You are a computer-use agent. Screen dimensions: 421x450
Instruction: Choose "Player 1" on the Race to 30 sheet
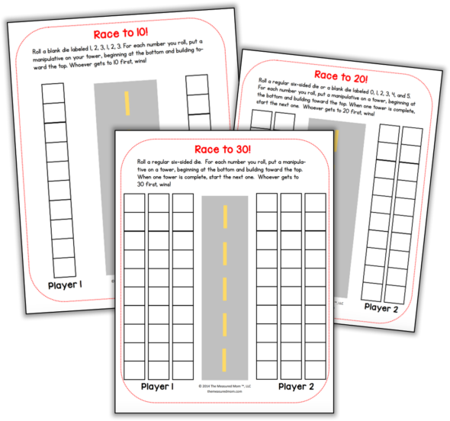click(x=156, y=387)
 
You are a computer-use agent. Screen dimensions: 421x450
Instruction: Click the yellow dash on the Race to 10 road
click(x=127, y=103)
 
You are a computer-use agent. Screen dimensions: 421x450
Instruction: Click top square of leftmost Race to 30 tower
click(x=134, y=203)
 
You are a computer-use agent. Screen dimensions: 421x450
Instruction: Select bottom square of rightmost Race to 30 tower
click(x=316, y=370)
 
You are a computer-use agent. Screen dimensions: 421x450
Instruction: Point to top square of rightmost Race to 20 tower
click(x=413, y=136)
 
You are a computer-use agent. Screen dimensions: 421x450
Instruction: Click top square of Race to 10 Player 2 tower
click(x=197, y=84)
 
